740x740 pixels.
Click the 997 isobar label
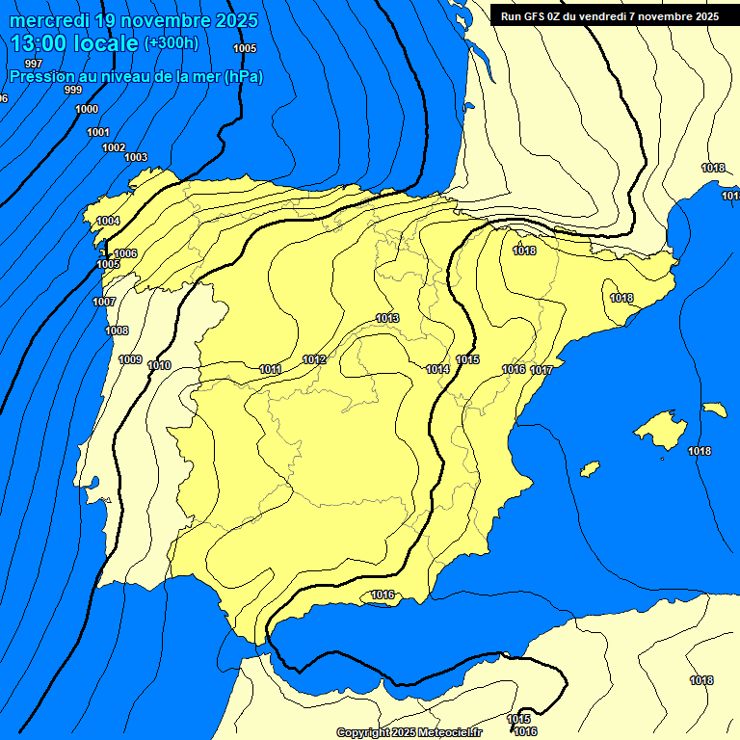coord(34,64)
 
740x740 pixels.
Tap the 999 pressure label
coord(73,90)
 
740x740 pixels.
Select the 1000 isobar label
coord(86,109)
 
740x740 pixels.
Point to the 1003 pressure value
coord(136,157)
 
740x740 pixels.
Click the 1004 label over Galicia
coord(108,221)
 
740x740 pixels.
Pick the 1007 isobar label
coord(104,302)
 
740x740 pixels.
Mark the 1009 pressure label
coord(130,359)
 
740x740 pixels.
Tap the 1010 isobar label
coord(160,365)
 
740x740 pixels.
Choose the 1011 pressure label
coord(270,369)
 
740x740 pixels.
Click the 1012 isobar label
coord(314,359)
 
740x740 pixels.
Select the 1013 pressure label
coord(387,318)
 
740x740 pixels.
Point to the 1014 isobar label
coord(437,369)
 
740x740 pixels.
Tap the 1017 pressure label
coord(541,370)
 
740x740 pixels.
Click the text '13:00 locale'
coord(74,42)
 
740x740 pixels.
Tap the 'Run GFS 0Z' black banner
coord(609,15)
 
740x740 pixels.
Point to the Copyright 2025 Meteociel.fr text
coord(409,732)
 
